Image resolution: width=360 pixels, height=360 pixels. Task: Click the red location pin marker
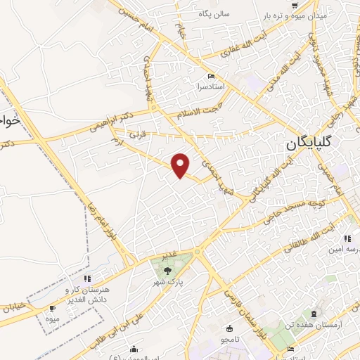point(181,165)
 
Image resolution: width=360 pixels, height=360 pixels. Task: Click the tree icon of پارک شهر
point(167,270)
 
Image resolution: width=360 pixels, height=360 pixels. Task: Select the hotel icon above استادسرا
point(210,76)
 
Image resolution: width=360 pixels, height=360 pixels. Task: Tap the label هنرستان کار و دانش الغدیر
point(88,295)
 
